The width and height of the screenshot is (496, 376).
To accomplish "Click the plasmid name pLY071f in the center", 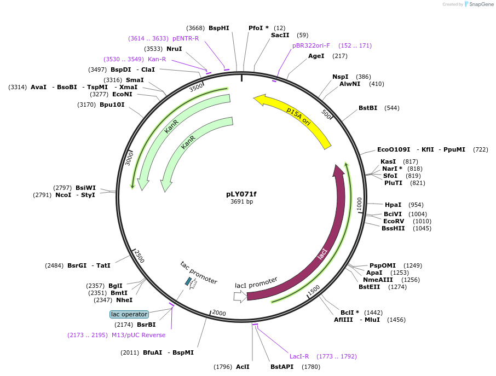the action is tap(241, 194).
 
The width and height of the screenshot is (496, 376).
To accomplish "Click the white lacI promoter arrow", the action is tap(240, 296).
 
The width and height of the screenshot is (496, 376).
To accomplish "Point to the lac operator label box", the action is tap(129, 314).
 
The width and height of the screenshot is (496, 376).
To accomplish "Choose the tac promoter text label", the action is tap(199, 272).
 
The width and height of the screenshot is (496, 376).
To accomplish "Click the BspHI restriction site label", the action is tap(219, 28).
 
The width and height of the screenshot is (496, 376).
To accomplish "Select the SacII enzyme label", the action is tap(280, 35).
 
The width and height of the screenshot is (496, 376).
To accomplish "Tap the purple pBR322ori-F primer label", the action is tap(311, 45).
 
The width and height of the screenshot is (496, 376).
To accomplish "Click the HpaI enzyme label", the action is tap(393, 205).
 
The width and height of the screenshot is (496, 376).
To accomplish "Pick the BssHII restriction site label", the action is tap(393, 228).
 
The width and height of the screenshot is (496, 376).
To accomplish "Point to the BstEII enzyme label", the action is tap(370, 287).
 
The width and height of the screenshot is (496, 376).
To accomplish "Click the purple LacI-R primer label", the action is tap(299, 356).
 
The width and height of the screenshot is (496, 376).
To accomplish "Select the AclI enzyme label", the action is tap(243, 367).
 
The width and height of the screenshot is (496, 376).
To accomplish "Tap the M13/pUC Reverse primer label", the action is tap(139, 335).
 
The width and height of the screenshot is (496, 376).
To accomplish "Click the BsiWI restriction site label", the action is tap(85, 188).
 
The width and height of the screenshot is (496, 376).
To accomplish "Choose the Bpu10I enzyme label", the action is tap(112, 105).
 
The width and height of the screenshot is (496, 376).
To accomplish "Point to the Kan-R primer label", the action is tap(157, 59).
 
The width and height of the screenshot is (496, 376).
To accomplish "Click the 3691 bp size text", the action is tap(241, 202).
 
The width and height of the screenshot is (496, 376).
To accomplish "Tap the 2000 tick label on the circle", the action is tap(219, 313).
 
